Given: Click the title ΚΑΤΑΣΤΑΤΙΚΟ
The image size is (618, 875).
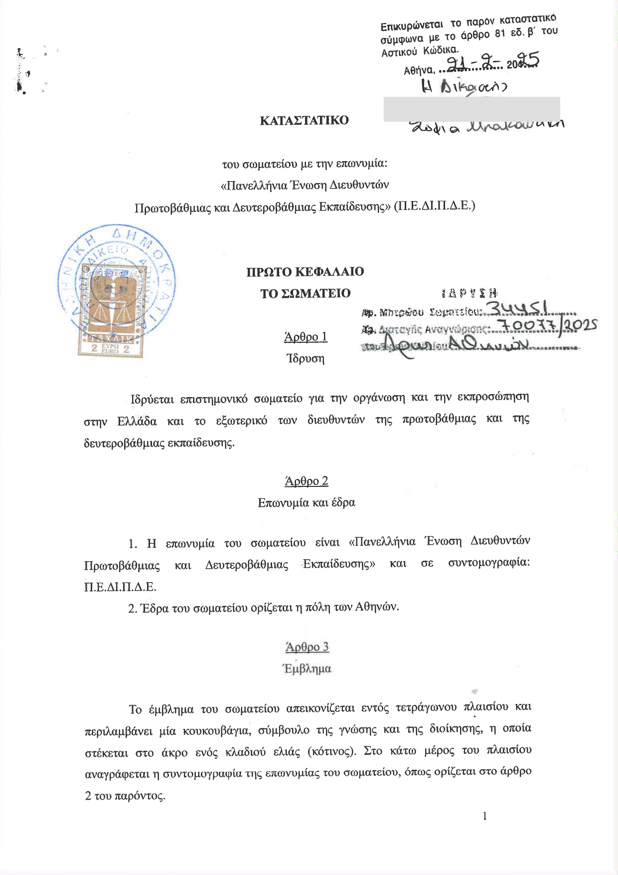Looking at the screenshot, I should tap(304, 121).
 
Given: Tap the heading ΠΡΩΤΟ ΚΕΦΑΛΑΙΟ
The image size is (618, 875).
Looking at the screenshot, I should tap(305, 272).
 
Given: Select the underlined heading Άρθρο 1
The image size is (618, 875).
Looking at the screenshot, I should tap(306, 337).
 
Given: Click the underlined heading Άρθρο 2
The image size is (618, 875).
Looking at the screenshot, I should tap(307, 481).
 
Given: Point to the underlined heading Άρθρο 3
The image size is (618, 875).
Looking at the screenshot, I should tap(307, 647).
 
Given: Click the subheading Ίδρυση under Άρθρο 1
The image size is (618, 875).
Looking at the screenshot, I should tap(306, 359).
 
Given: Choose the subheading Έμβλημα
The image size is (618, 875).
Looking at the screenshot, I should tap(307, 668).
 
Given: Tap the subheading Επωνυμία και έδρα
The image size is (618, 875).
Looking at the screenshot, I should tap(307, 502).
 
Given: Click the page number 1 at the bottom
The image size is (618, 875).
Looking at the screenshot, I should tap(484, 816).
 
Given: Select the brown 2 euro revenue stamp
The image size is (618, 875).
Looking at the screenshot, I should tap(110, 315).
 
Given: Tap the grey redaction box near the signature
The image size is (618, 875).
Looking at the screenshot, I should tap(471, 109).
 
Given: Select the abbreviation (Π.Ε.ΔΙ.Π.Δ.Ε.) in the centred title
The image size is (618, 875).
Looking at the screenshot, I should tap(434, 206).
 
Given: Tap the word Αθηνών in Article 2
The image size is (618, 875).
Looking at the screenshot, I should tap(377, 607).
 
